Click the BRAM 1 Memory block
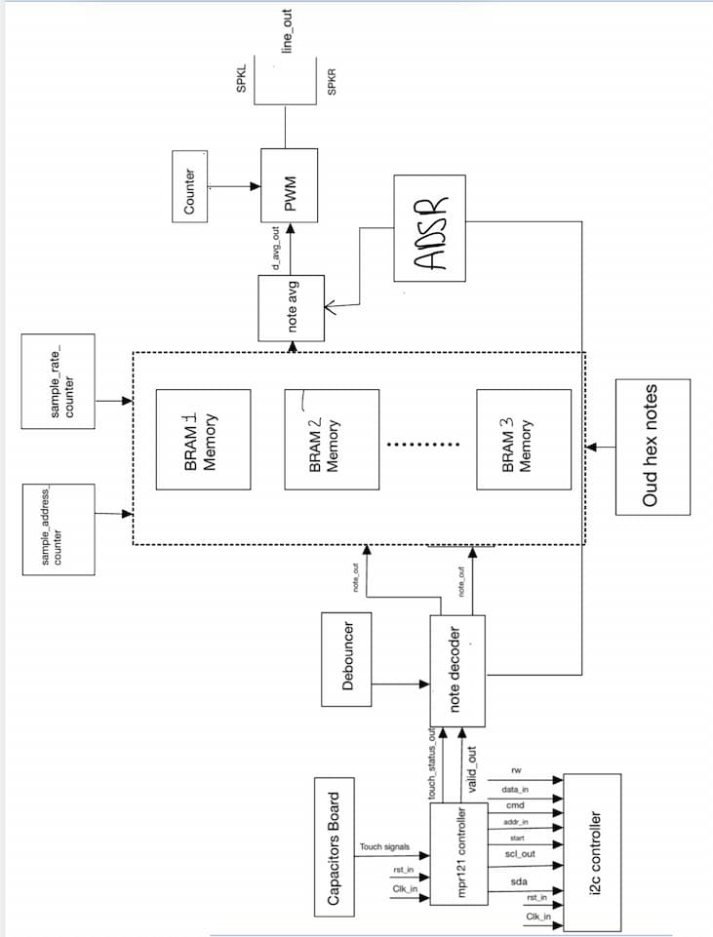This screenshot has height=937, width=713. pyautogui.click(x=204, y=439)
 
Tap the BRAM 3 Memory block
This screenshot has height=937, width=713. pyautogui.click(x=524, y=439)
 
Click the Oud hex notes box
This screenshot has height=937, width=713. pyautogui.click(x=652, y=446)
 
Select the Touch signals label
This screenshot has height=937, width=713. pyautogui.click(x=385, y=846)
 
